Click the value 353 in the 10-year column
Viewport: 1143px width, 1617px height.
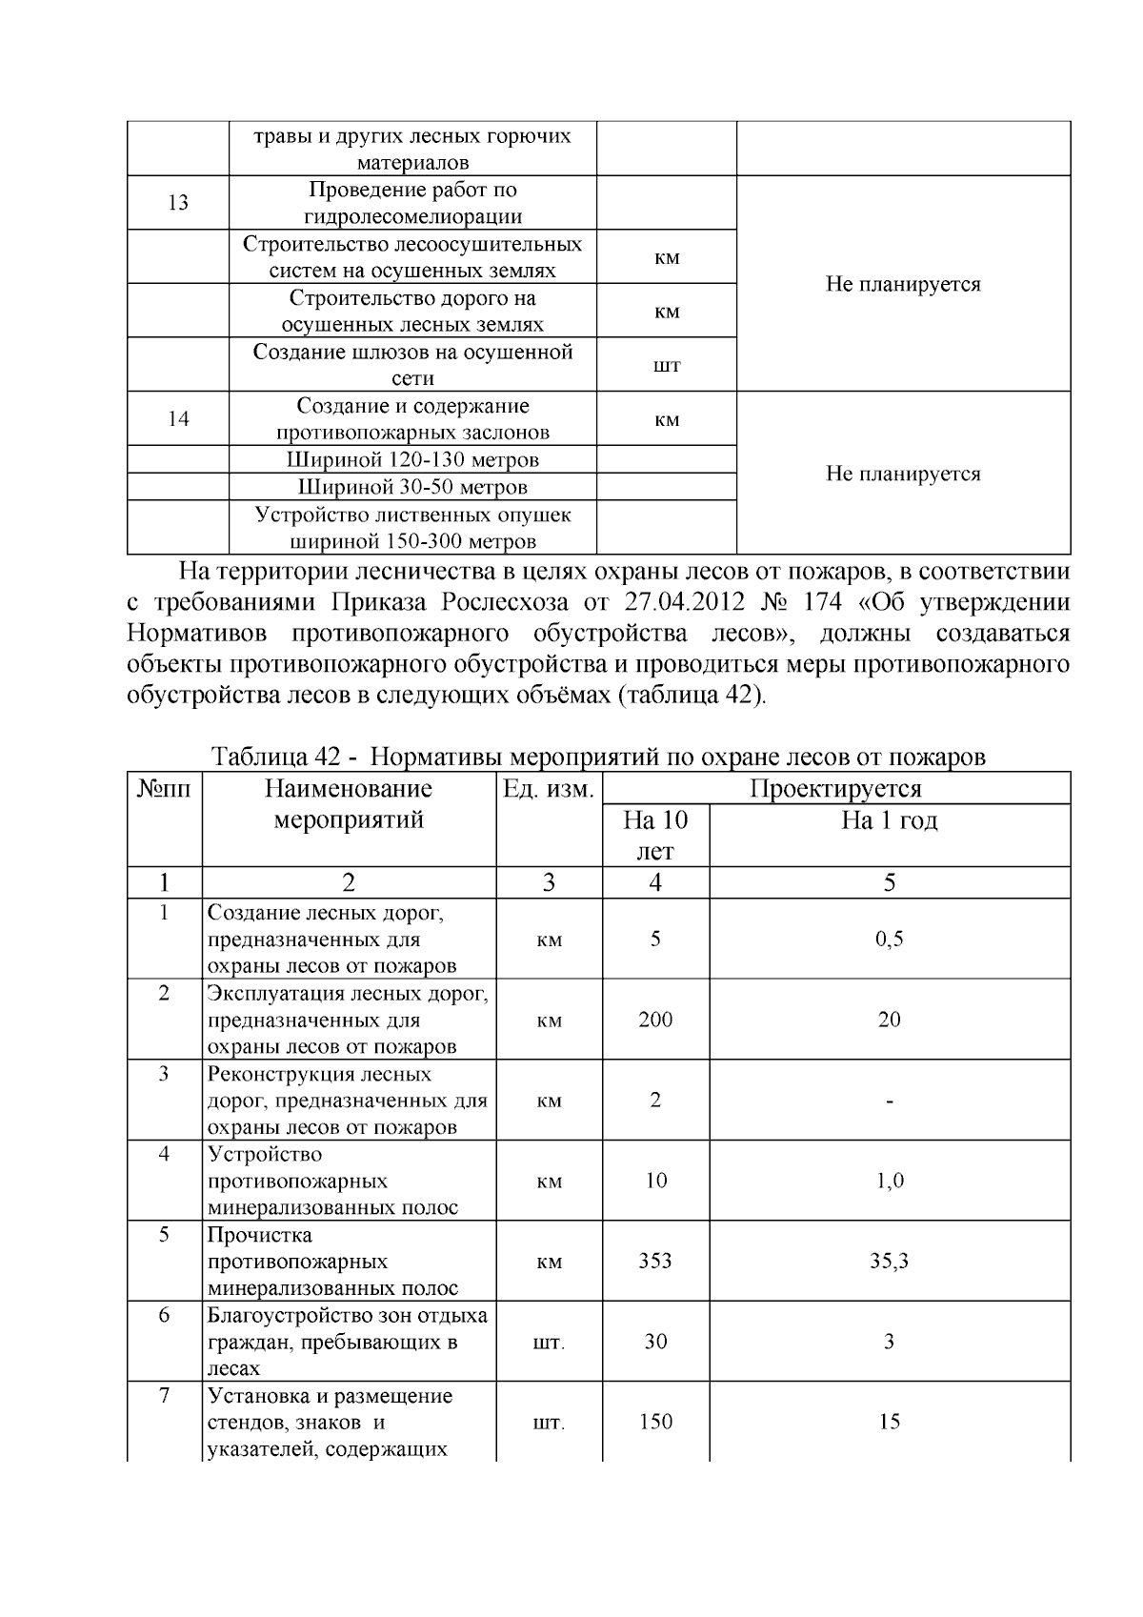coord(655,1261)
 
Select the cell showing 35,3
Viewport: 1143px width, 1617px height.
coord(889,1261)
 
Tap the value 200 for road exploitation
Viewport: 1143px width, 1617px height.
coord(655,1020)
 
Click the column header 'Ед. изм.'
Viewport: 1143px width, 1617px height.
coord(549,789)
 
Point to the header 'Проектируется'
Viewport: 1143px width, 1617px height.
coord(835,789)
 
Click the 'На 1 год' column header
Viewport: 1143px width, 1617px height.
coord(889,820)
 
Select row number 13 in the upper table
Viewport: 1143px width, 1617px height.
coord(178,203)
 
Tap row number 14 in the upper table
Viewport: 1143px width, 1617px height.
coord(178,418)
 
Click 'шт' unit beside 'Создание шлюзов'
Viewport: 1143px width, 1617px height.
coord(668,366)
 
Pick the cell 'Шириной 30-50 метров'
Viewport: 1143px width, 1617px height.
coord(412,487)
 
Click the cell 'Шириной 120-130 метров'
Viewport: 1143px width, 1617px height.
coord(412,460)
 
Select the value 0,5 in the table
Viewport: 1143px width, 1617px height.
coord(889,940)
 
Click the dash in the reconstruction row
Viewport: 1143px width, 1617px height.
coord(889,1102)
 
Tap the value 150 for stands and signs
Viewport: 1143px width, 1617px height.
coord(655,1422)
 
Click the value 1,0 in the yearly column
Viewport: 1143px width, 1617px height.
coord(889,1181)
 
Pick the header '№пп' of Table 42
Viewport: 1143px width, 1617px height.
coord(165,789)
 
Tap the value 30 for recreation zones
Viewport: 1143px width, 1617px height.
coord(655,1342)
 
